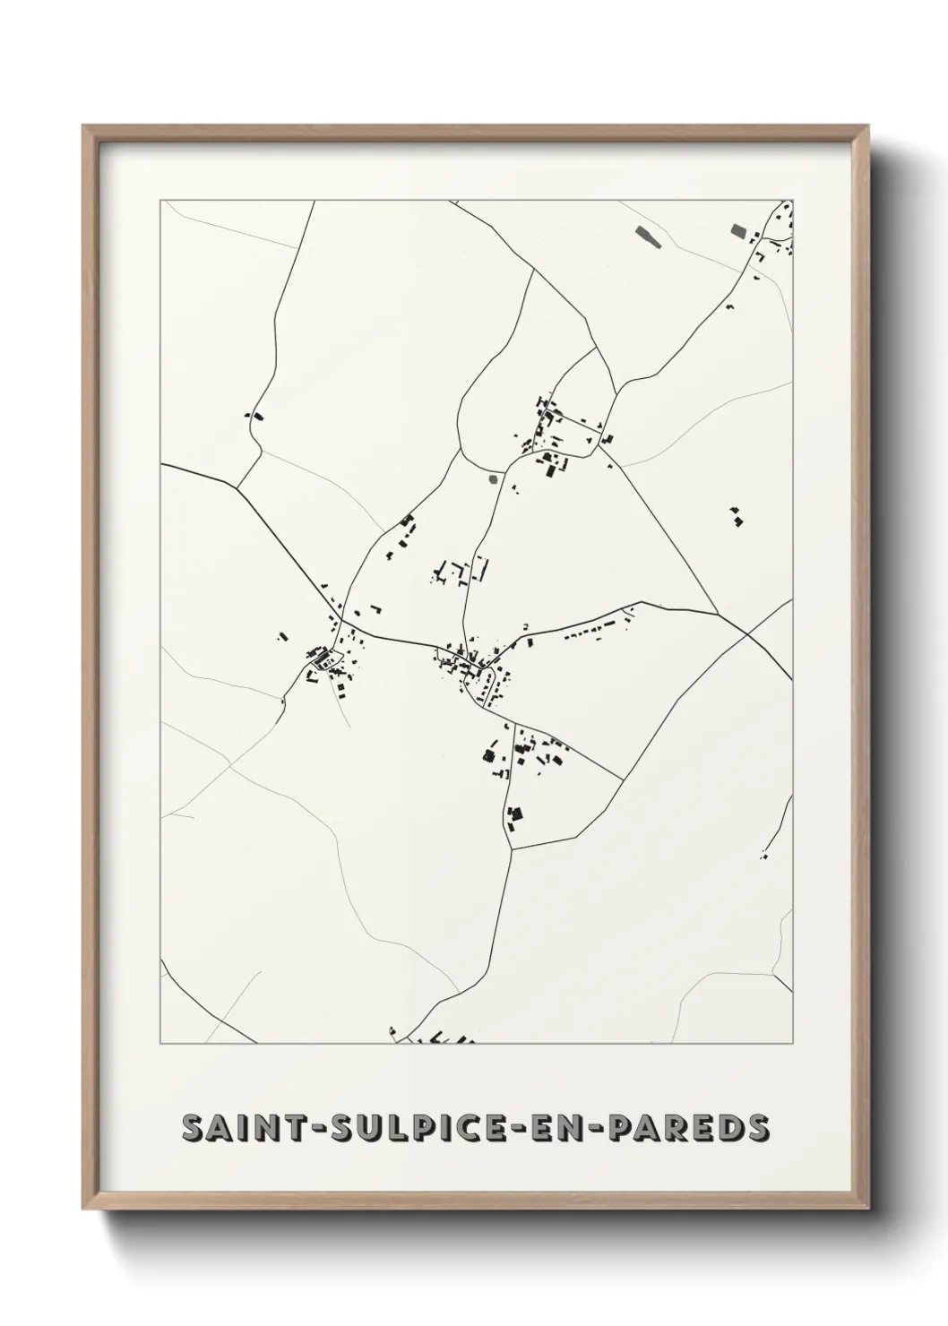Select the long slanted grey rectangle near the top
[645, 236]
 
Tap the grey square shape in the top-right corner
[739, 230]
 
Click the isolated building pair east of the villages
[737, 517]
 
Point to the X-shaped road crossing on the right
[746, 633]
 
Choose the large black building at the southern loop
[514, 815]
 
